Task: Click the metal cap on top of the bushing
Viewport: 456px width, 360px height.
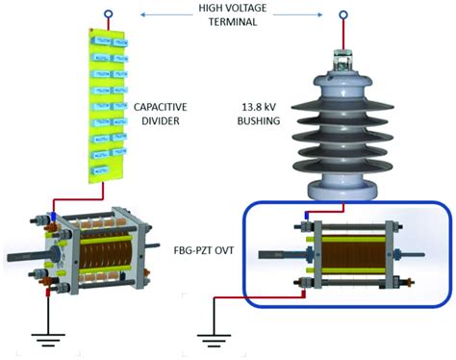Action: tap(341, 60)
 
